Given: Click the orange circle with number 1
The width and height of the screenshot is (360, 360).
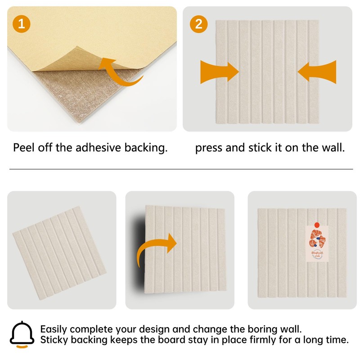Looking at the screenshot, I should tap(22, 23).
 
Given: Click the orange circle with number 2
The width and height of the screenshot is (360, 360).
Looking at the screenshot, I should tap(198, 23).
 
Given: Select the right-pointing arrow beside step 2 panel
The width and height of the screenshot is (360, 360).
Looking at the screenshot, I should tap(219, 72).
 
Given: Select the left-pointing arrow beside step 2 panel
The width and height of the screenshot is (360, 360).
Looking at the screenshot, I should tap(317, 72).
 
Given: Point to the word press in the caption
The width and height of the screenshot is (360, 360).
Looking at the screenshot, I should tap(209, 148).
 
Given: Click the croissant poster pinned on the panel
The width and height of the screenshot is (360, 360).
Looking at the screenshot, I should tap(318, 245).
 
